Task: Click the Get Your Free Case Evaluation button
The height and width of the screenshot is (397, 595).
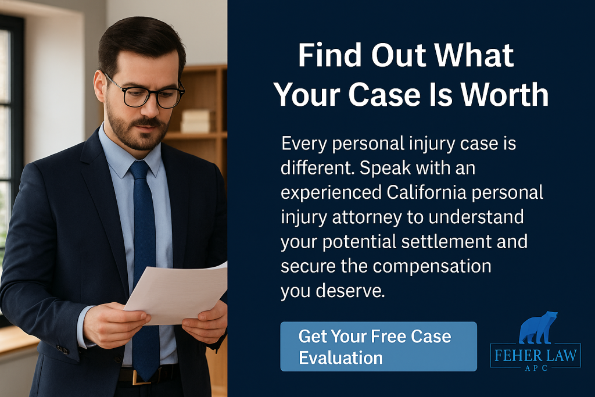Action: point(378,346)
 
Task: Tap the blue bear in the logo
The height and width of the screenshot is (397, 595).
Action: point(537,328)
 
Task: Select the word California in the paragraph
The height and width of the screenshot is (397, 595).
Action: point(426,192)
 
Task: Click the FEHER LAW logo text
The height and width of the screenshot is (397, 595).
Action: point(535,356)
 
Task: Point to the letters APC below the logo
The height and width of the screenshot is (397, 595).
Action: point(536,368)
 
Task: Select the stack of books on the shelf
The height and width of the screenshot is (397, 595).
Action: point(196,121)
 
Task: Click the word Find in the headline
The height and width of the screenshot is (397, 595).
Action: point(329,55)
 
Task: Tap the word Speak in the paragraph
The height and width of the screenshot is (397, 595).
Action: point(385,168)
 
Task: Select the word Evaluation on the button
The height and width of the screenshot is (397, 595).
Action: point(340,358)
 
